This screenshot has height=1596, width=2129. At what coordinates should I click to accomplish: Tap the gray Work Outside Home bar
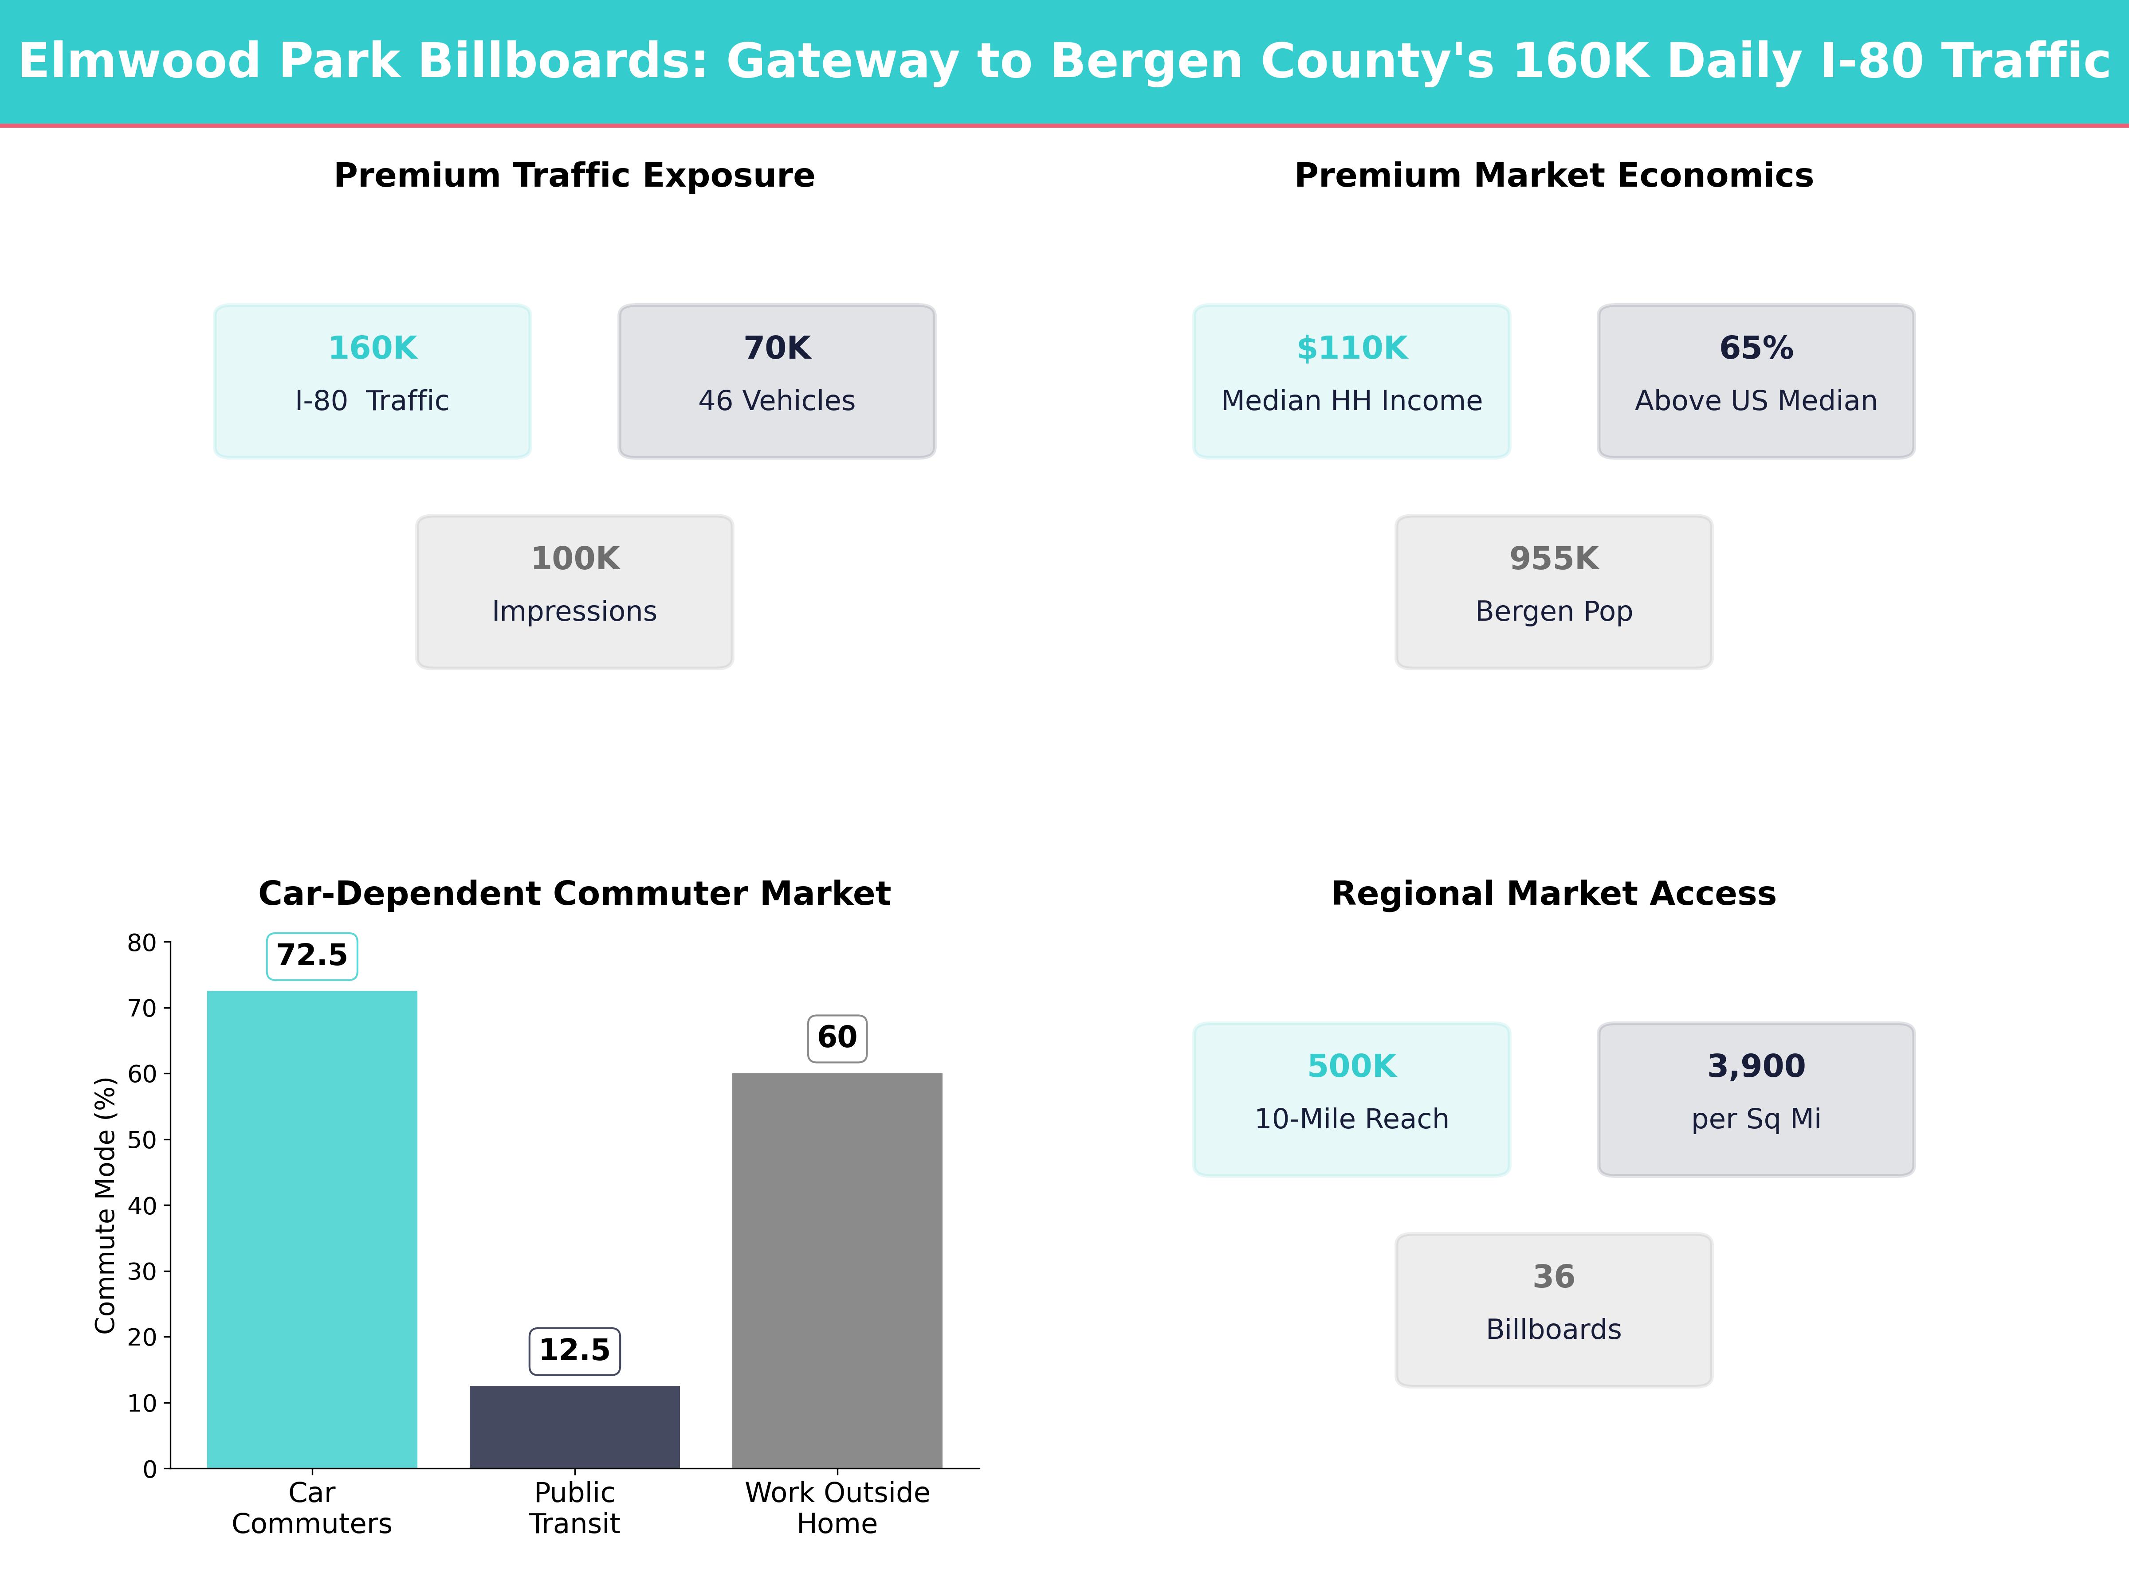(837, 1270)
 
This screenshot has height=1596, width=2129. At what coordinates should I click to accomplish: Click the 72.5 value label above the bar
(312, 955)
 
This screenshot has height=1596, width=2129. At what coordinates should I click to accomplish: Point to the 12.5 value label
(574, 1351)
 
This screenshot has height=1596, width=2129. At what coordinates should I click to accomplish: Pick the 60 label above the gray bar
(837, 1037)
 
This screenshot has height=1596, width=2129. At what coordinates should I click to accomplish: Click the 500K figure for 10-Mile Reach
(1351, 1066)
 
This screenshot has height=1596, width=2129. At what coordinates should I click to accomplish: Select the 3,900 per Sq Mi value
(1756, 1066)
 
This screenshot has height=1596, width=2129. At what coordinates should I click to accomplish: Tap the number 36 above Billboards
(1553, 1277)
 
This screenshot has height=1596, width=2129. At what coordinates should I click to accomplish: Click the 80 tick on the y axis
(141, 943)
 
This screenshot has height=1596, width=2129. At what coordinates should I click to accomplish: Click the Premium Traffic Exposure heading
(574, 176)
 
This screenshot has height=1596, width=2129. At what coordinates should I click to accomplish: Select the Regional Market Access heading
(1553, 894)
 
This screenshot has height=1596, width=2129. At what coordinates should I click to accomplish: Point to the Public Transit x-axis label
(574, 1507)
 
